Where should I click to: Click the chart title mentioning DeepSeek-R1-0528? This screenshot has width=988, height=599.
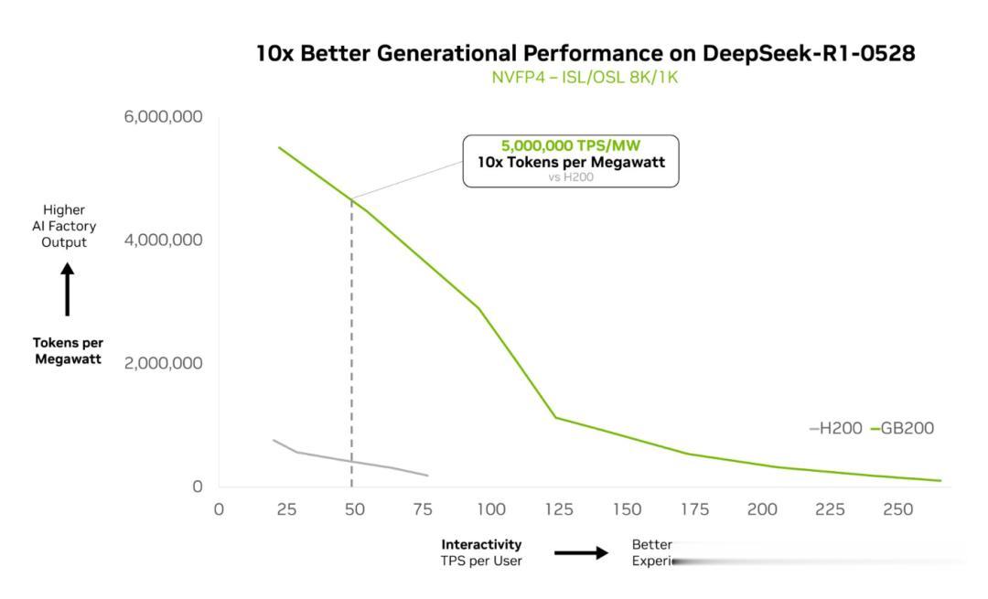pos(585,54)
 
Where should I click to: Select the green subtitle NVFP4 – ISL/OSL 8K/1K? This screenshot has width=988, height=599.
pos(585,78)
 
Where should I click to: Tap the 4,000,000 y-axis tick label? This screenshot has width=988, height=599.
pos(163,240)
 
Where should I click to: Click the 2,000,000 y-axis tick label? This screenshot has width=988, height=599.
pos(163,363)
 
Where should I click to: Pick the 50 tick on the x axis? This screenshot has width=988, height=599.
pos(354,509)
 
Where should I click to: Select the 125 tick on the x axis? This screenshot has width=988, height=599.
pos(558,509)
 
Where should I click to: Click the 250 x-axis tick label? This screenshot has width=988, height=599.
pos(897,509)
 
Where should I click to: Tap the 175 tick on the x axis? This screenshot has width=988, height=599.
pos(693,509)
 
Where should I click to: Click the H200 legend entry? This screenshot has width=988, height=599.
pos(835,428)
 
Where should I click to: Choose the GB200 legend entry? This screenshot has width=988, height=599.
pos(904,428)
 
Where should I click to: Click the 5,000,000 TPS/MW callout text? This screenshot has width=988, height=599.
pos(571,145)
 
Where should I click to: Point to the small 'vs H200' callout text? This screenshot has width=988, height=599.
pos(571,176)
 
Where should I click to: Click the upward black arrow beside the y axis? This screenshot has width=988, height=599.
pos(68,288)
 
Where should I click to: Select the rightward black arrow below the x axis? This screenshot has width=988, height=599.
pos(581,552)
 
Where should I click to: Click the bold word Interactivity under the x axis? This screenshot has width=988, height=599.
pos(481,545)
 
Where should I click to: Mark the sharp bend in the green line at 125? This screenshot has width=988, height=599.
pos(555,417)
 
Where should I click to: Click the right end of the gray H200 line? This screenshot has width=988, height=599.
pos(427,476)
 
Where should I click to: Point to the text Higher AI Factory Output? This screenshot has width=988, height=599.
pos(64,226)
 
